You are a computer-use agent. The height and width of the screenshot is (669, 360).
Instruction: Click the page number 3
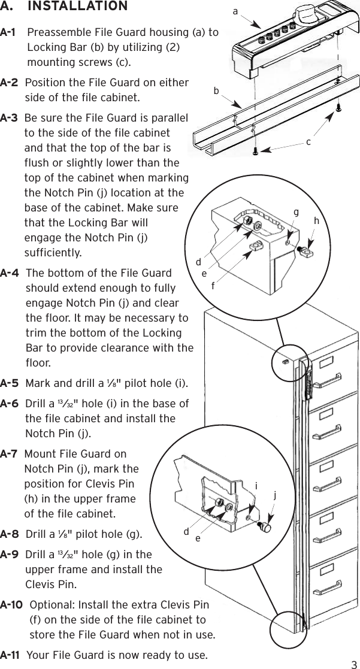pyautogui.click(x=354, y=664)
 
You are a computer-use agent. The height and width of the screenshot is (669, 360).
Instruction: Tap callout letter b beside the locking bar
pyautogui.click(x=216, y=92)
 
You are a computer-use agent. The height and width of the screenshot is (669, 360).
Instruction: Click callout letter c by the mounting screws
pyautogui.click(x=308, y=142)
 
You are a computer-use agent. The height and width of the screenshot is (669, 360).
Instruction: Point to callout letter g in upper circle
pyautogui.click(x=295, y=212)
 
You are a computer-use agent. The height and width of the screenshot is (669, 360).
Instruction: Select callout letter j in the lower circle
pyautogui.click(x=275, y=496)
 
